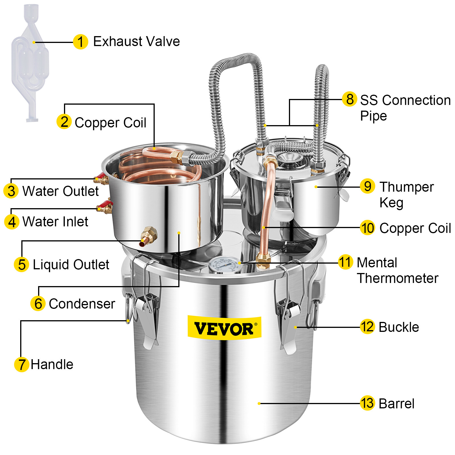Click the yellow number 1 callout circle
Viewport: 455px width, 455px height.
pos(80,42)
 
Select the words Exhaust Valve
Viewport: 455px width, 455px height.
pos(136,42)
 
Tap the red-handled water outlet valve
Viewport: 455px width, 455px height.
pos(101,178)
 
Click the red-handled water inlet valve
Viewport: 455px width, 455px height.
pos(105,206)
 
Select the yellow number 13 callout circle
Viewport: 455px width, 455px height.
pos(367,403)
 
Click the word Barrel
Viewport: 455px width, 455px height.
pos(396,404)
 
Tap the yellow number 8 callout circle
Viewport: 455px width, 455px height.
pos(349,99)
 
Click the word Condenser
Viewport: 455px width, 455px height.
pos(82,304)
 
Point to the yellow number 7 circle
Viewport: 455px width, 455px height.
pos(22,364)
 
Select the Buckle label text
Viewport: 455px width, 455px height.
pos(399,327)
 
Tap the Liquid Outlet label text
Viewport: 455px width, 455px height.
pos(71,264)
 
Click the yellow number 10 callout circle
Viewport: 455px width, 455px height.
pos(367,228)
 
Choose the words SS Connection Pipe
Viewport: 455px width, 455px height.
pos(405,107)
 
